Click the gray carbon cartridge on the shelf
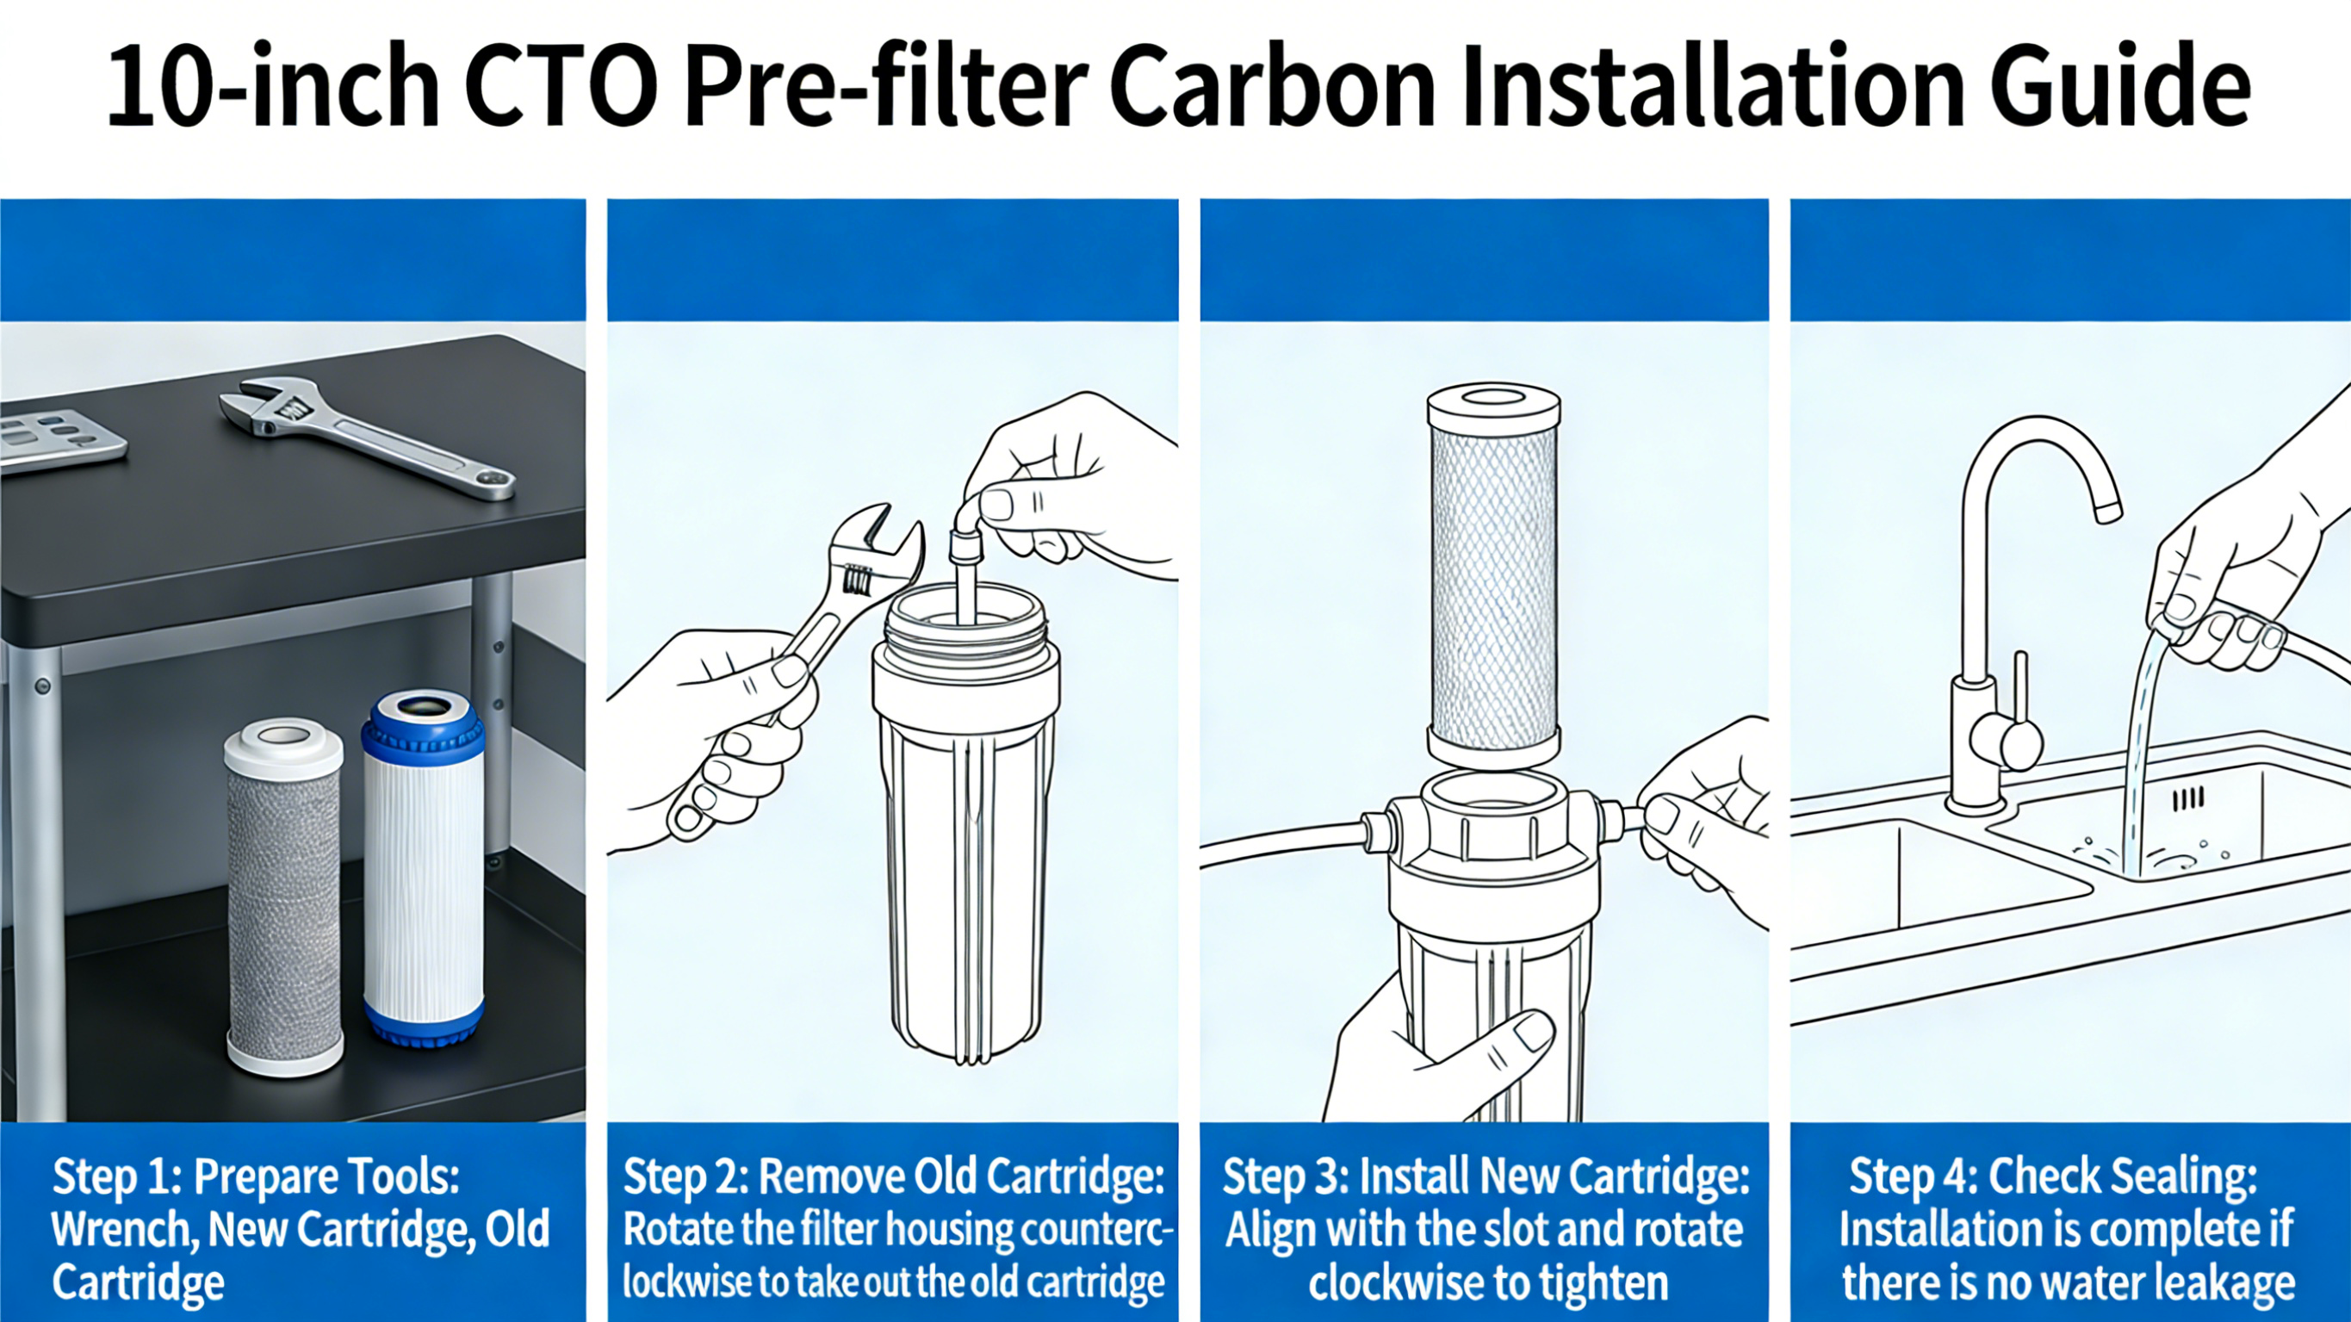coord(284,899)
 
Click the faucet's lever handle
coord(2019,694)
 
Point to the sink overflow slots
coord(2187,800)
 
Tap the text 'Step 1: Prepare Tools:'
coord(256,1176)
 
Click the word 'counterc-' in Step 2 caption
coord(1095,1230)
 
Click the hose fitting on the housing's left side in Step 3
coord(1375,826)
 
